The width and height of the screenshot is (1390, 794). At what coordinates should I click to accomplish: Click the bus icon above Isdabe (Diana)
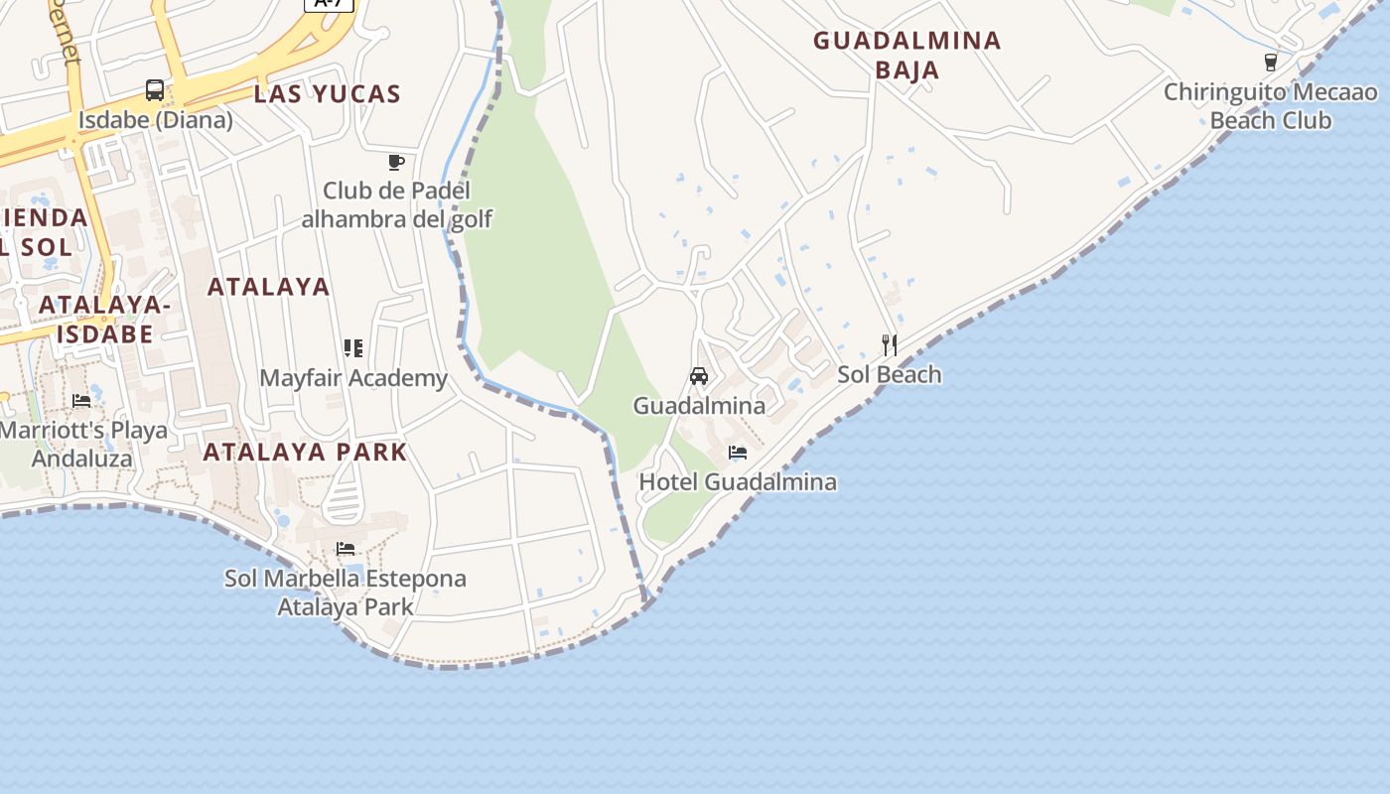155,90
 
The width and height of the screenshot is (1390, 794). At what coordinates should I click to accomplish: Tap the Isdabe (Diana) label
156,120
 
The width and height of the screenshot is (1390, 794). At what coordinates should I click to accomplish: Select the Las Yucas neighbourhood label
327,94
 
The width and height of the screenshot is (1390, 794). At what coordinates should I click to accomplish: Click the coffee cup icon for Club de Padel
396,162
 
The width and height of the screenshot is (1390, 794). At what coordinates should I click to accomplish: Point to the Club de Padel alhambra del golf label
396,204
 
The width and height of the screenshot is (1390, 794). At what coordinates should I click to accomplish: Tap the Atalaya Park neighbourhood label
305,452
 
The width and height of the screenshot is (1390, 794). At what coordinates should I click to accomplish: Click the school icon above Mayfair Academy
353,348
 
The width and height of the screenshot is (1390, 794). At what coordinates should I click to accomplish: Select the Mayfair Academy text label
353,378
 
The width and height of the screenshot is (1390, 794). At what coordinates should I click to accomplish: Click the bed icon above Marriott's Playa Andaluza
81,401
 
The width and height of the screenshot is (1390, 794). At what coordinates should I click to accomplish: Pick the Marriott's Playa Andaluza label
83,445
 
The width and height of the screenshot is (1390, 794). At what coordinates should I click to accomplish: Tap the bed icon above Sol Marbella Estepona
346,548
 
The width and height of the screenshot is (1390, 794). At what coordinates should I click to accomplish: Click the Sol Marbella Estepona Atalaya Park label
346,592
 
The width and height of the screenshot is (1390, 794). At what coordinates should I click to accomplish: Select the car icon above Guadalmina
699,376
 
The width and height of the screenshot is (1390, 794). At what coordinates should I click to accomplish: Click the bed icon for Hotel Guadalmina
738,453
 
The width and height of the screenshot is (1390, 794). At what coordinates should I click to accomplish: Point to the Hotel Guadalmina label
738,482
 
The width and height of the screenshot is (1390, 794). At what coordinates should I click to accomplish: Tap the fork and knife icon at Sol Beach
890,345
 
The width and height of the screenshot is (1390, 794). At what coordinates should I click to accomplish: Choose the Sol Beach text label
890,374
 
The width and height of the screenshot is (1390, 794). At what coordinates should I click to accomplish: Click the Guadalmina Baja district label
907,55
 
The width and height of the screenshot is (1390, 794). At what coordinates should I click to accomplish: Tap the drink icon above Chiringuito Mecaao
1271,63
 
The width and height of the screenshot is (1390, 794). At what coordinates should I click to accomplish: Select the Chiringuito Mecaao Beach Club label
1271,106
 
